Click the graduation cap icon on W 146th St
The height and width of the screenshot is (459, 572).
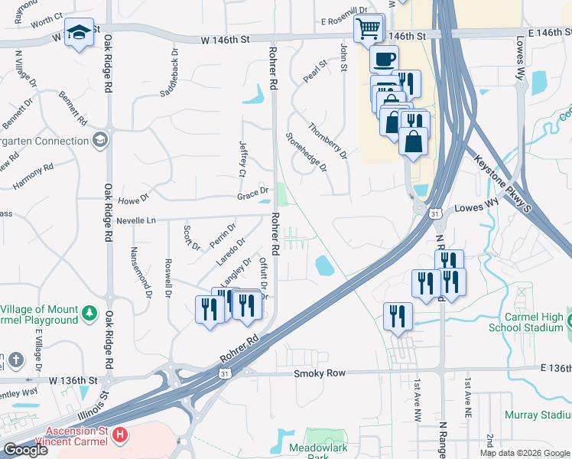79,32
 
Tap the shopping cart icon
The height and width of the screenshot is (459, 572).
368,29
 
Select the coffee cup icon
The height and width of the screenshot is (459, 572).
384,58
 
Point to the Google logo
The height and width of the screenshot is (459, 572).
25,450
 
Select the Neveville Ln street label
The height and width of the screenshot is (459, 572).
136,220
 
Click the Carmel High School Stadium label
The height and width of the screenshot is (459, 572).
534,322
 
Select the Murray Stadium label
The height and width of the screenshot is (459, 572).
538,415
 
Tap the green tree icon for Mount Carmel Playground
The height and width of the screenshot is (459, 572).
89,313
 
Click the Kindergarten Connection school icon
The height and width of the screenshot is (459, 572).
99,140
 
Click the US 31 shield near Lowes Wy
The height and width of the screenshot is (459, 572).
434,214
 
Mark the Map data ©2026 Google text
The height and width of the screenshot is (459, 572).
525,453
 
